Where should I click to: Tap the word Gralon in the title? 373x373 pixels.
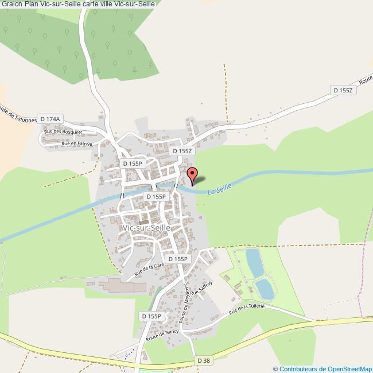[x=11, y=5]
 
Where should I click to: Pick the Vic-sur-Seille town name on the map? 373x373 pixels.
[x=147, y=228]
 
